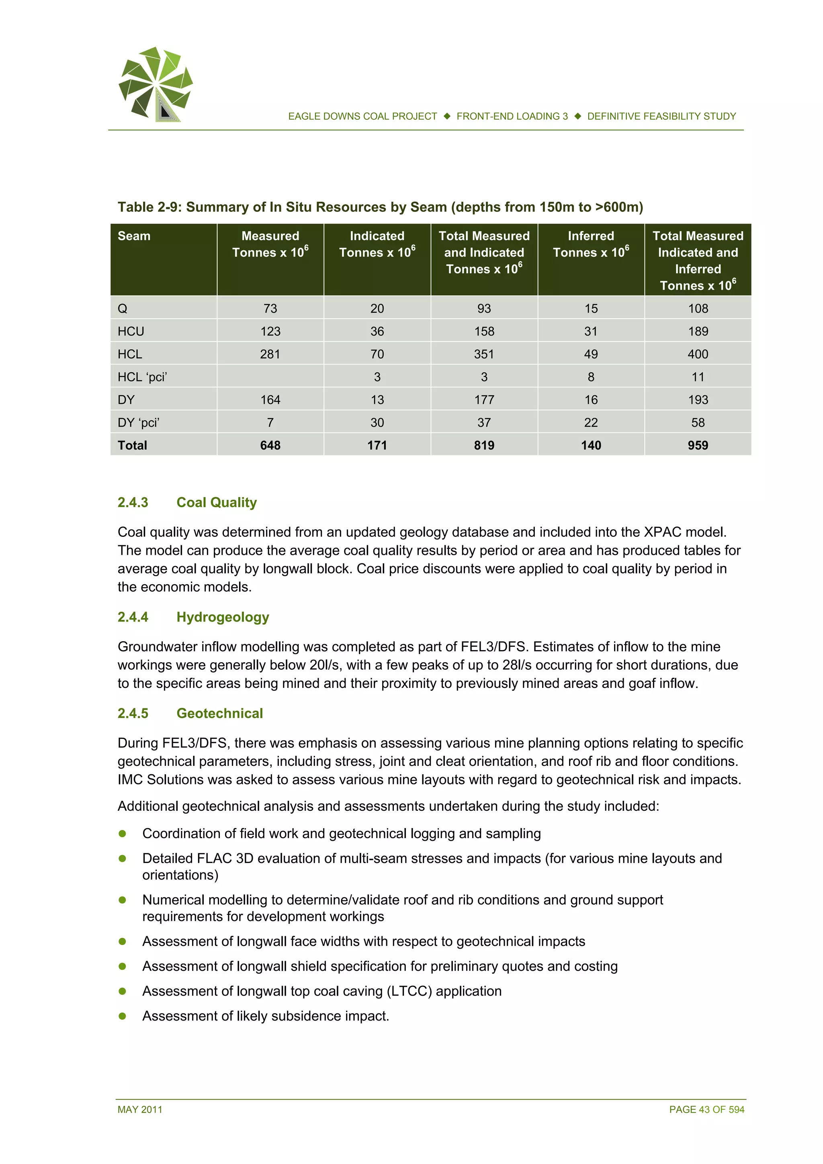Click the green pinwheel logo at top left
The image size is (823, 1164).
pos(156,84)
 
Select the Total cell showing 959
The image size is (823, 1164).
pos(697,445)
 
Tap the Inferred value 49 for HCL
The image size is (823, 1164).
pos(590,354)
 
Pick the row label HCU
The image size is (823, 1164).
pos(131,331)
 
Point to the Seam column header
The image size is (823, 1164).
pos(134,236)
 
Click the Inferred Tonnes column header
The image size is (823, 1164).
pos(590,244)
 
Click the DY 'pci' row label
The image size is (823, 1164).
pos(138,422)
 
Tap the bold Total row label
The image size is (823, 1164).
pos(132,445)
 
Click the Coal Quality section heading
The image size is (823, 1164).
pos(216,502)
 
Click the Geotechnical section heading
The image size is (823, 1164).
pos(219,713)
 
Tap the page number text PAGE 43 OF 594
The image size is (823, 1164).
pos(706,1109)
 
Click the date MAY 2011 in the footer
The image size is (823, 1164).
pos(140,1109)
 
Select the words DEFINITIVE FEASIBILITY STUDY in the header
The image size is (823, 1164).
pos(661,116)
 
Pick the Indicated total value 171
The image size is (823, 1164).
pos(377,445)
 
